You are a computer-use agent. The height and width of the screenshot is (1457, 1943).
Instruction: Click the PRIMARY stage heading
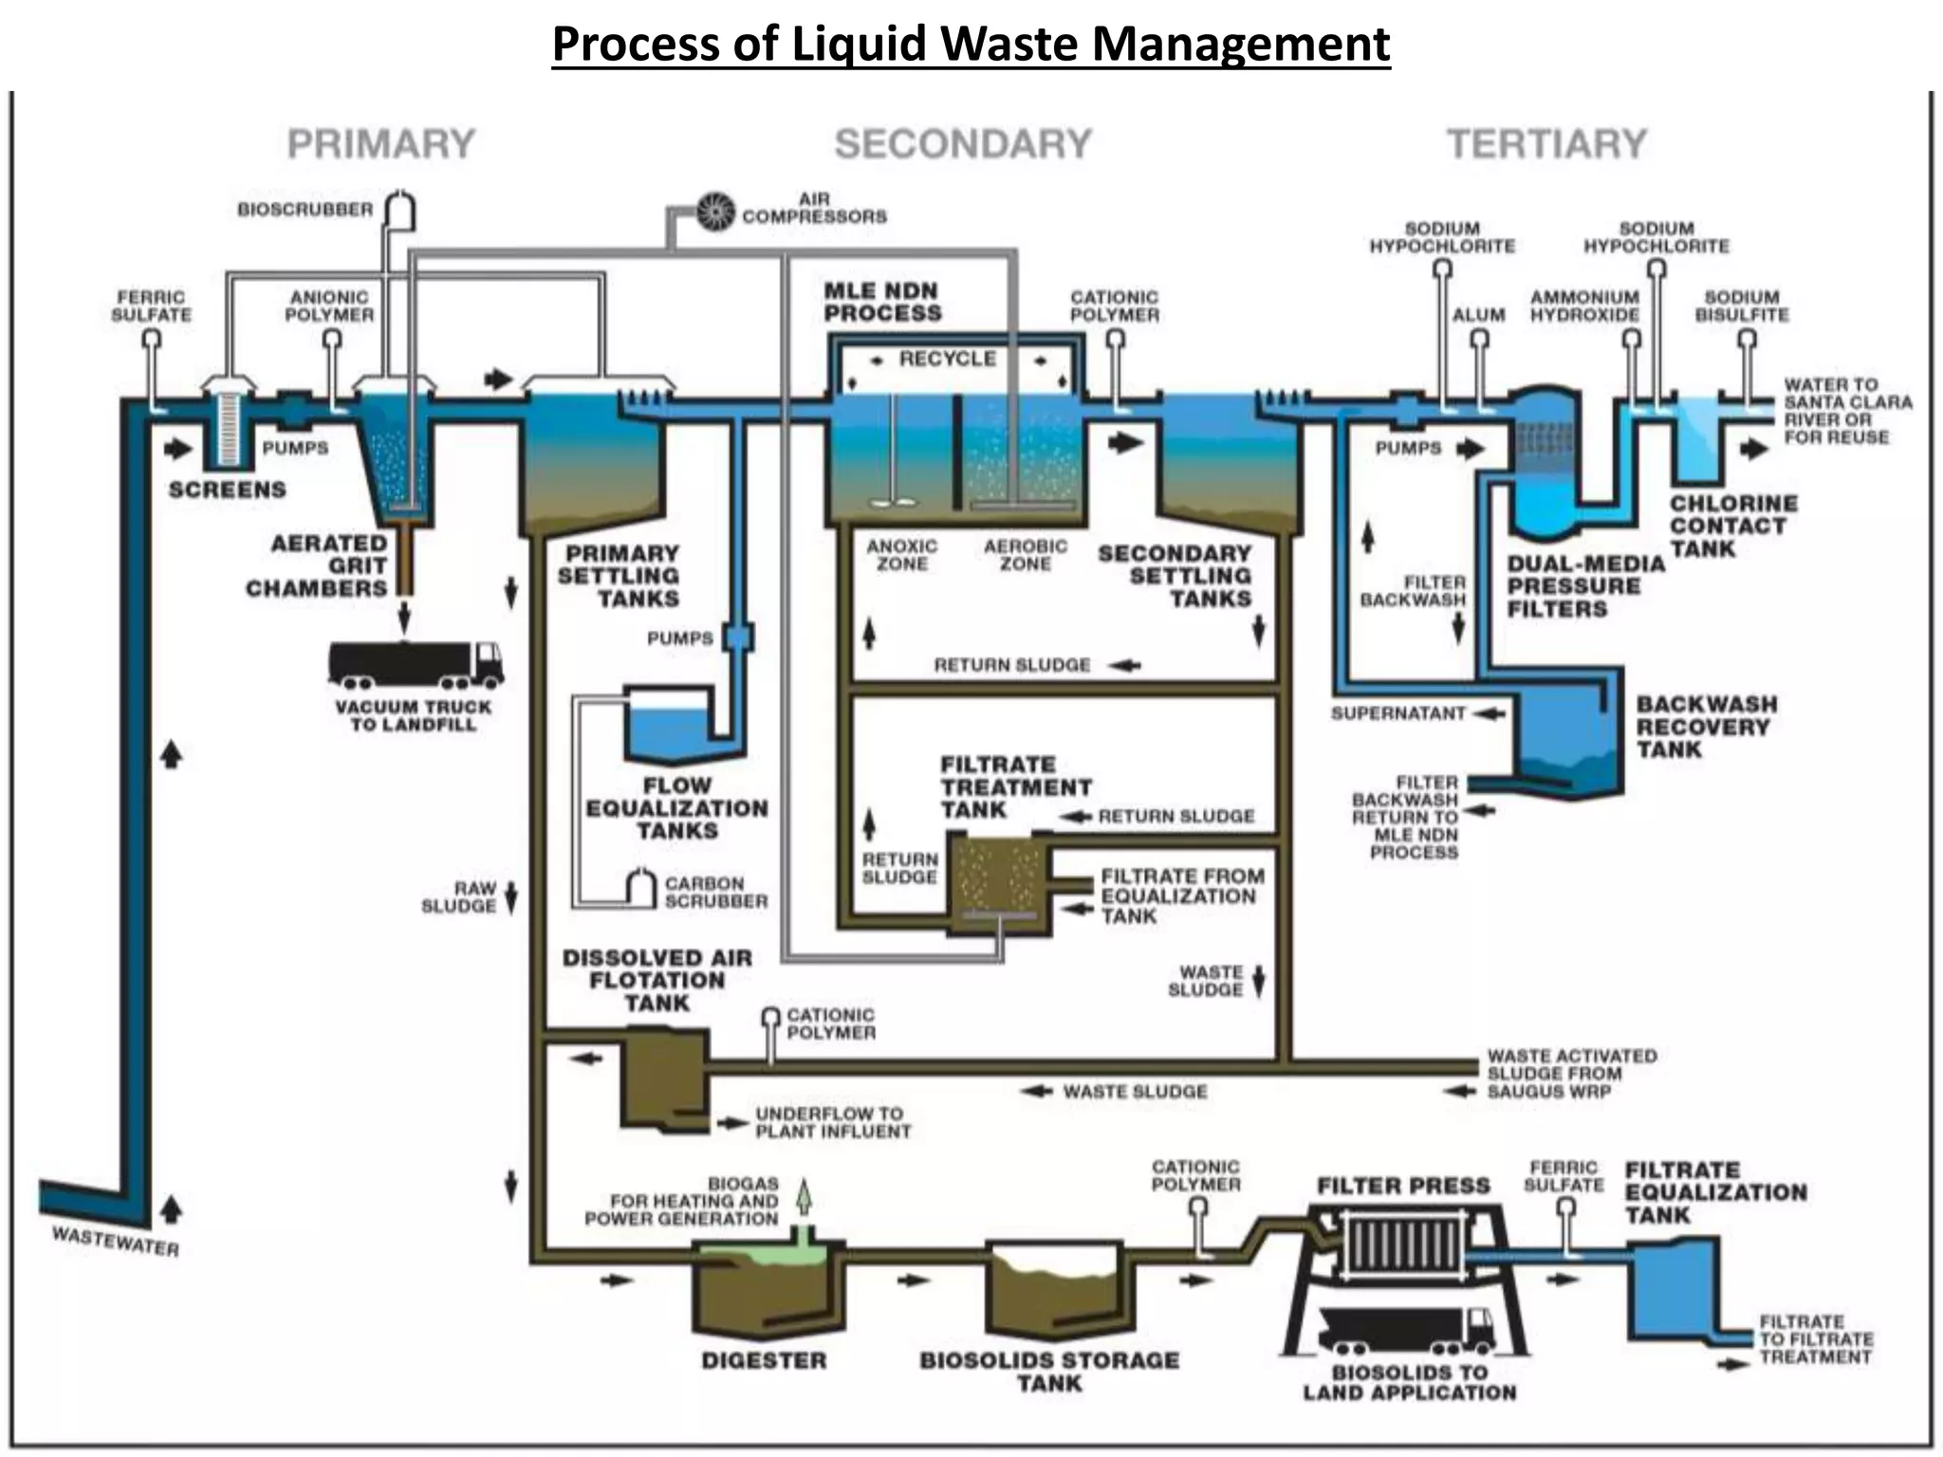coord(380,144)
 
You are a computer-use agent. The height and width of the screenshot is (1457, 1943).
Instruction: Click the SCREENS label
coord(227,489)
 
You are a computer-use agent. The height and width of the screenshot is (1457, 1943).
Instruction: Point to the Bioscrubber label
coord(305,210)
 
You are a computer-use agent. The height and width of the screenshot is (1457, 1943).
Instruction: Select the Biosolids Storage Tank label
coord(1049,1372)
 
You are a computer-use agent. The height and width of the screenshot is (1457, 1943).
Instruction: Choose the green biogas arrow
coord(804,1198)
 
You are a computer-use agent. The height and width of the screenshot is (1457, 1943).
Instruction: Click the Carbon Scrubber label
coord(715,892)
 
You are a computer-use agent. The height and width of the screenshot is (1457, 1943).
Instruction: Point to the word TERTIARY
coord(1546,144)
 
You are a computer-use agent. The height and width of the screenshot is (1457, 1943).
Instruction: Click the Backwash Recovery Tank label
coord(1705,727)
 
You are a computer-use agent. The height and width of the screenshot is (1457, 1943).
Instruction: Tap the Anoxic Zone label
coord(901,555)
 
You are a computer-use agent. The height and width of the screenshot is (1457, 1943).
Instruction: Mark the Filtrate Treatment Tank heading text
coord(1015,787)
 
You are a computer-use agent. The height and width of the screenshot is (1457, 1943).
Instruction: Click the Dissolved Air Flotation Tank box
coord(663,1078)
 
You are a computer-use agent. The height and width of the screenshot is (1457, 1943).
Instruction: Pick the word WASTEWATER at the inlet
coord(115,1241)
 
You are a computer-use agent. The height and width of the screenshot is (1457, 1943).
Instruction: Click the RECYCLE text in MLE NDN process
coord(947,359)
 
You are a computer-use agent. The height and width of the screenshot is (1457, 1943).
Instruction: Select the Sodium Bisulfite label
coord(1742,305)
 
